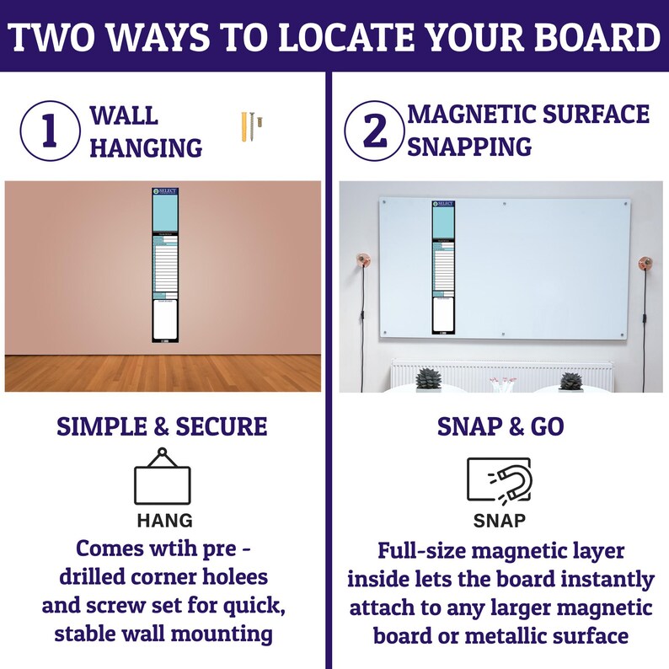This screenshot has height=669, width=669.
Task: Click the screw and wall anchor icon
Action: click(252, 126)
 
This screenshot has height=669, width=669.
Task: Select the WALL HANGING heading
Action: click(145, 132)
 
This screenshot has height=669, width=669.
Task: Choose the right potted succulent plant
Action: click(571, 381)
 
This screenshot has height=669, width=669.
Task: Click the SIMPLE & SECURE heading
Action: click(162, 427)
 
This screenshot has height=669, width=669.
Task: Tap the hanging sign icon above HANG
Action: click(163, 477)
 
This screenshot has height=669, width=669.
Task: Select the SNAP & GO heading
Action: click(500, 427)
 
